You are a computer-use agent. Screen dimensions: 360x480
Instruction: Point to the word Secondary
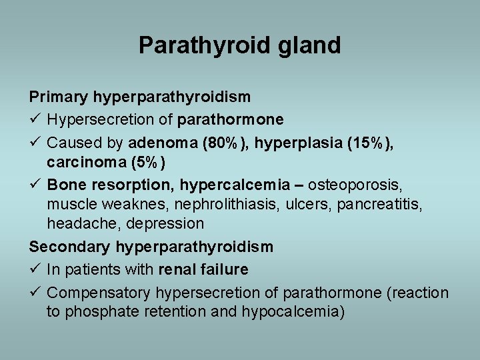pos(69,247)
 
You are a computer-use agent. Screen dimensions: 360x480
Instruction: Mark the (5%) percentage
pos(145,162)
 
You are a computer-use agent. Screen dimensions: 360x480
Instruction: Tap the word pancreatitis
pos(389,204)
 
